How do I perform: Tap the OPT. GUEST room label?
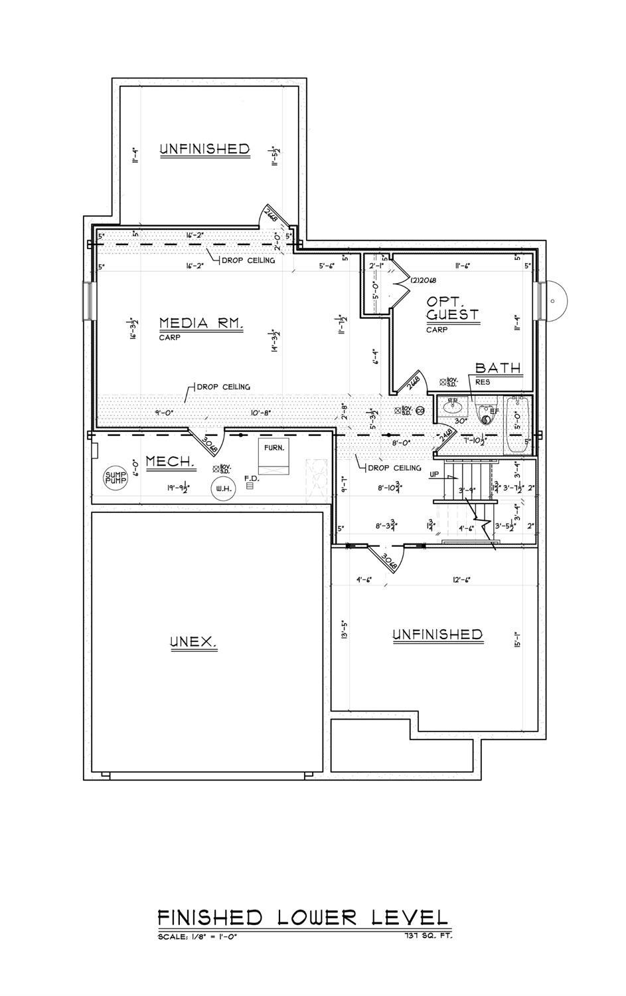coord(452,307)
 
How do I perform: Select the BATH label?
coord(498,368)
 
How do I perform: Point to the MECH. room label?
coord(170,461)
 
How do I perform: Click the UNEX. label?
coord(194,642)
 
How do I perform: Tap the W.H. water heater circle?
coord(220,490)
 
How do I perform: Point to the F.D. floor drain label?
coord(250,478)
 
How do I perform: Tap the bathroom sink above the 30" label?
coord(455,405)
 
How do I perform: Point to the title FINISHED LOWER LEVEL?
coord(303,918)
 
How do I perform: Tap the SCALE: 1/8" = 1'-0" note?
coord(197,937)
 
